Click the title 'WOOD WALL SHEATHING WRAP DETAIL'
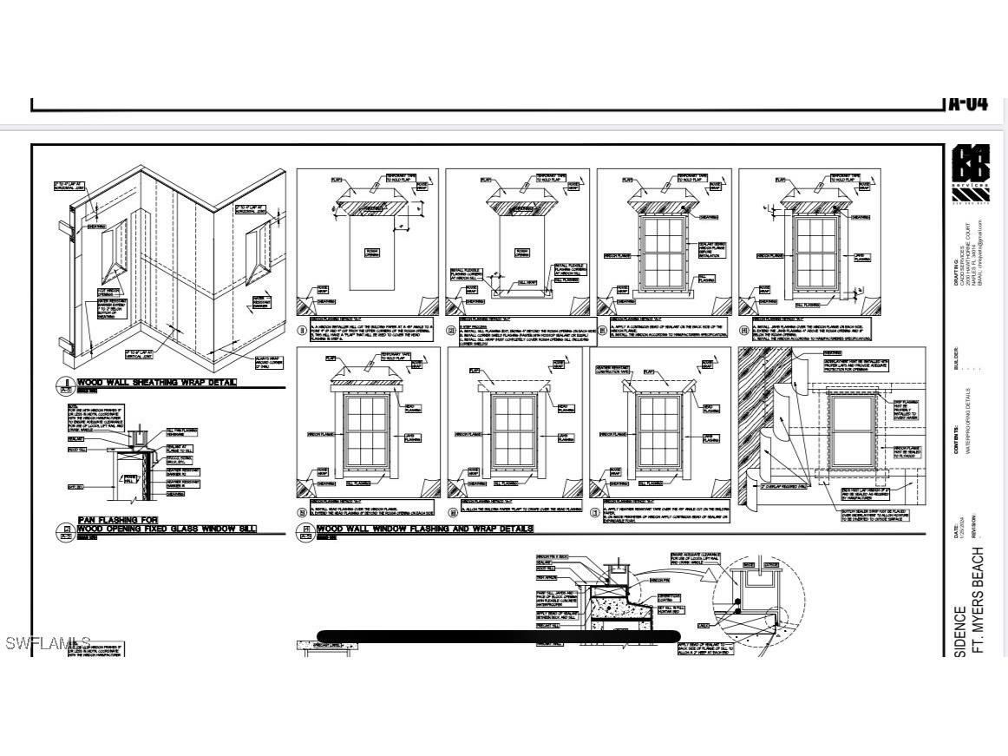[x=156, y=382]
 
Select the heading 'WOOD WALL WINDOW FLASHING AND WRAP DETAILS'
[x=425, y=529]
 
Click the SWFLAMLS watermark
[x=48, y=643]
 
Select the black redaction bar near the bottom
[x=498, y=636]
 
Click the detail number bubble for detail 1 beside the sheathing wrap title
[x=63, y=385]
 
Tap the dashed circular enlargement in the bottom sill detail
[x=758, y=599]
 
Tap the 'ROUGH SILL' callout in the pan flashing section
[x=76, y=450]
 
